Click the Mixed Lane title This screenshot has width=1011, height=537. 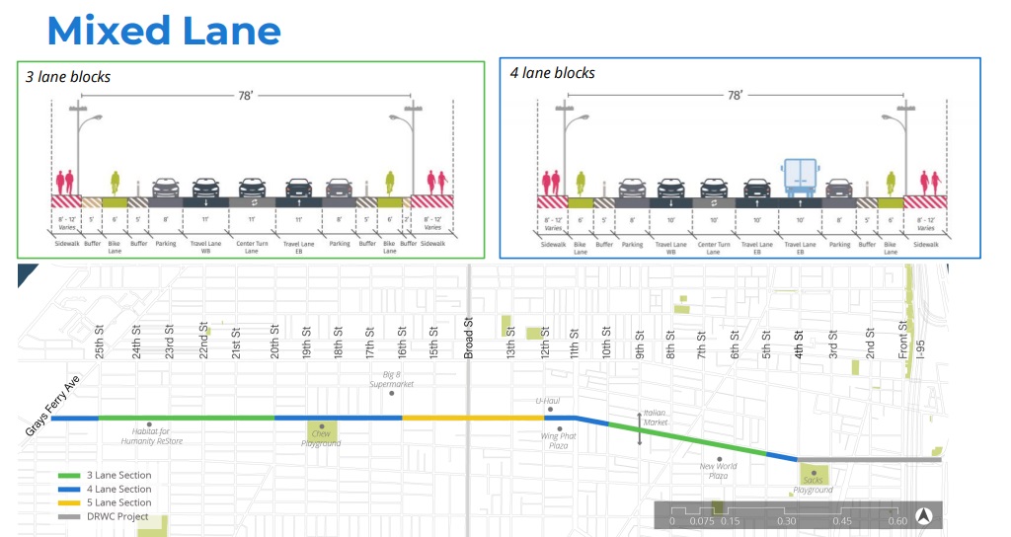[x=164, y=31]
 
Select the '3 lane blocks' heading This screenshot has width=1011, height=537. [x=68, y=77]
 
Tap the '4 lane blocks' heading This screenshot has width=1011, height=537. [x=552, y=73]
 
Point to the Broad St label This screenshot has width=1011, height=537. [x=470, y=336]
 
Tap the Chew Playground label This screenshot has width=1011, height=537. [x=321, y=437]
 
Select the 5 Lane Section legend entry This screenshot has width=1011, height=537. [x=118, y=502]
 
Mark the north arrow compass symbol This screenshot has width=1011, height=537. [x=925, y=514]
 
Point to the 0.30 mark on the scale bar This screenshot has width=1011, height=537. [x=786, y=521]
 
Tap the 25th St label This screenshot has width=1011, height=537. [x=100, y=343]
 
